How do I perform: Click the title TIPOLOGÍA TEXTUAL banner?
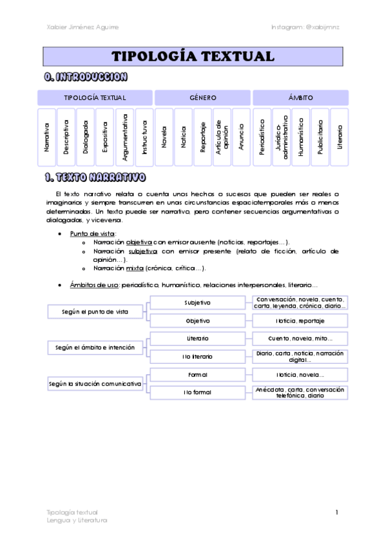pyautogui.click(x=193, y=56)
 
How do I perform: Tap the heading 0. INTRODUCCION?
pyautogui.click(x=85, y=77)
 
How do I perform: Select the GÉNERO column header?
pyautogui.click(x=202, y=98)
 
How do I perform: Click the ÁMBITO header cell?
pyautogui.click(x=301, y=98)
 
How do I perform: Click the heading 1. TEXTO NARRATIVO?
pyautogui.click(x=95, y=177)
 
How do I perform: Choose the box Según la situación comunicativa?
pyautogui.click(x=95, y=383)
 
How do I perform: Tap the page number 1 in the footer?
pyautogui.click(x=336, y=512)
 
